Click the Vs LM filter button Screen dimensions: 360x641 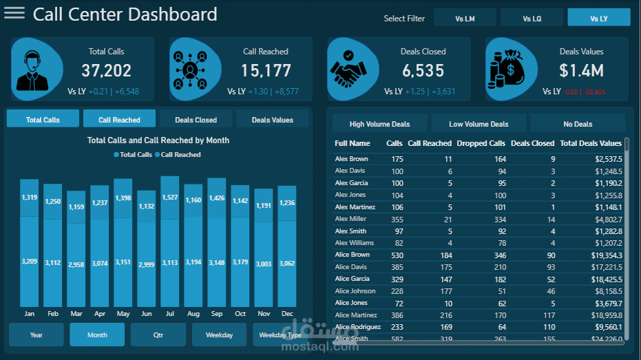tap(465, 19)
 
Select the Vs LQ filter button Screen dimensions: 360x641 tap(532, 19)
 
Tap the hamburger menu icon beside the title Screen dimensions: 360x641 tap(14, 14)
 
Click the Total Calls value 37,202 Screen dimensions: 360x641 tap(106, 70)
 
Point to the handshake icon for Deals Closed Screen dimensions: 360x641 tap(355, 68)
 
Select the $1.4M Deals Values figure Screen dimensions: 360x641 tap(581, 70)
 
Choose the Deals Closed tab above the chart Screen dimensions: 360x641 tap(196, 120)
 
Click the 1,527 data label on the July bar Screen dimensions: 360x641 tap(170, 198)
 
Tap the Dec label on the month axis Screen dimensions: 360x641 tap(286, 313)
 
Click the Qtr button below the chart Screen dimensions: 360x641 tap(158, 335)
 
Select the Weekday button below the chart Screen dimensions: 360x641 tap(219, 335)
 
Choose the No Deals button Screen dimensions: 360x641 tap(578, 124)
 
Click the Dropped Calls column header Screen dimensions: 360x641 tap(481, 143)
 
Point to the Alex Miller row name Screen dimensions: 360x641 tap(350, 219)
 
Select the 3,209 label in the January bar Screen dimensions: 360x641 tap(30, 262)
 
